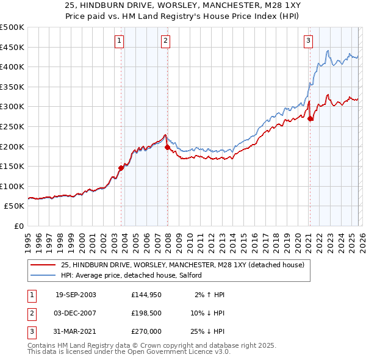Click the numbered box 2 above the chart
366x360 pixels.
(165, 41)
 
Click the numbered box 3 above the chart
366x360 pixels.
(309, 41)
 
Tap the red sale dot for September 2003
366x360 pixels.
(121, 168)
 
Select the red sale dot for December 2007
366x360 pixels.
(167, 147)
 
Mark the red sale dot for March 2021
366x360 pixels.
(310, 118)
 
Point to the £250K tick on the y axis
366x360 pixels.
(13, 126)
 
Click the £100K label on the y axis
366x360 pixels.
(13, 186)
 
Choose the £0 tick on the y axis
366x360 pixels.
(18, 226)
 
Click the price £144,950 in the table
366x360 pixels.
(146, 294)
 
